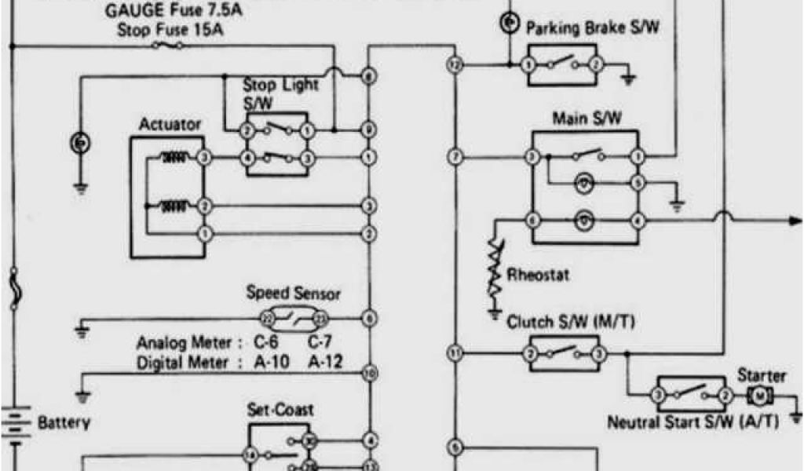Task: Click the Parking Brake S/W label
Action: [x=592, y=28]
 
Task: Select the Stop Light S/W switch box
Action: [x=277, y=144]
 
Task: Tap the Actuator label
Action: [x=170, y=125]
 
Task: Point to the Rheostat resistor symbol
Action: [x=495, y=271]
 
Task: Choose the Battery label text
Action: [x=64, y=422]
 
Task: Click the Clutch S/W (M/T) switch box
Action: [x=564, y=353]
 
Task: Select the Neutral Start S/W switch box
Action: [x=691, y=393]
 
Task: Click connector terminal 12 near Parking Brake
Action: [x=454, y=65]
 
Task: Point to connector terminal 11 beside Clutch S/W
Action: [x=454, y=352]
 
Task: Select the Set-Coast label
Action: [x=280, y=410]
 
